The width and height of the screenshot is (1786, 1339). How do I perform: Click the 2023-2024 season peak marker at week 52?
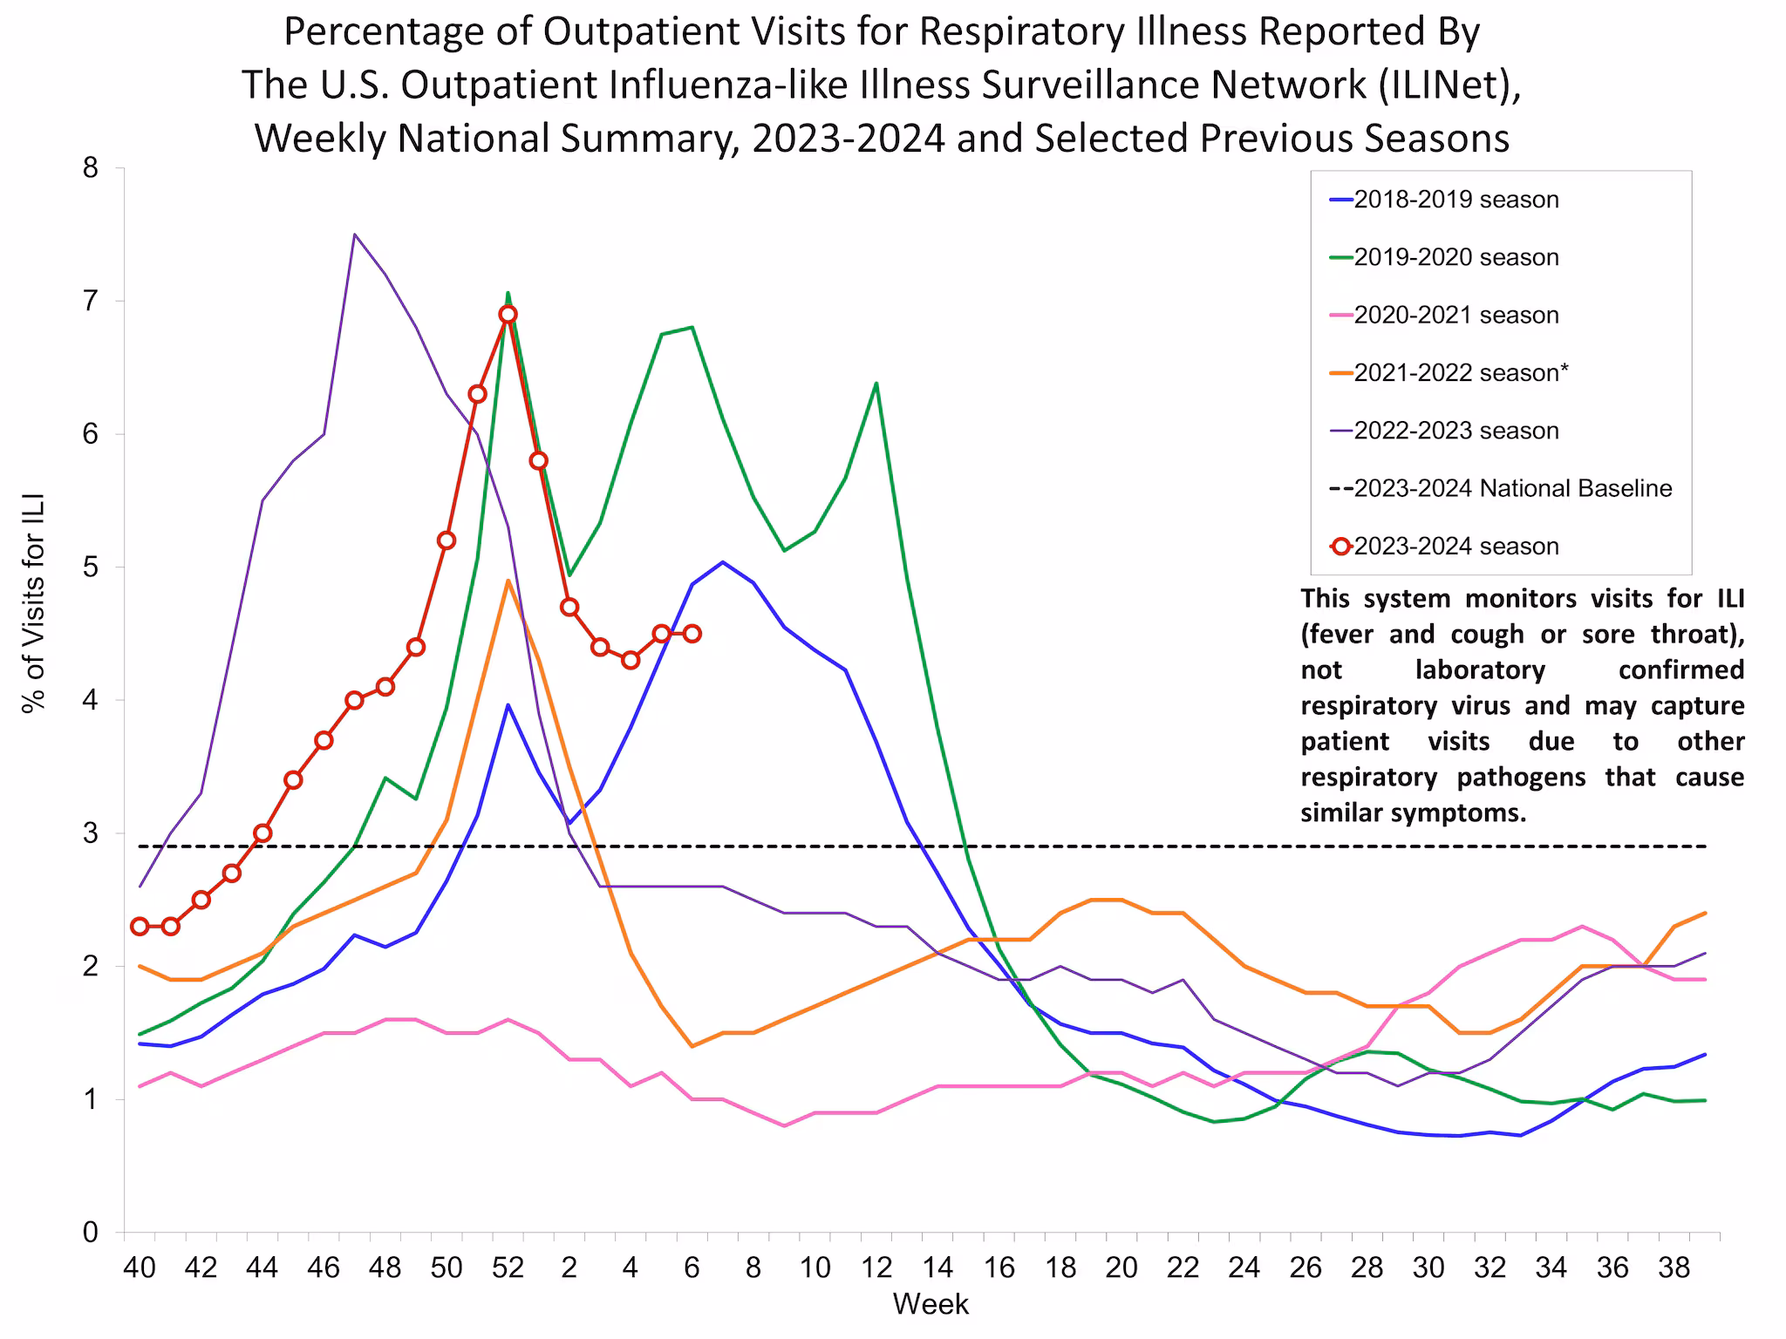pyautogui.click(x=508, y=314)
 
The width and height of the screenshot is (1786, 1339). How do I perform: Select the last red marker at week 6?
pyautogui.click(x=692, y=633)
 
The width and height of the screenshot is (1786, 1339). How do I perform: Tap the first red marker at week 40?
pyautogui.click(x=140, y=926)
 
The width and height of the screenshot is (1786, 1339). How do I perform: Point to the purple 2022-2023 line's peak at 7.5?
pyautogui.click(x=354, y=234)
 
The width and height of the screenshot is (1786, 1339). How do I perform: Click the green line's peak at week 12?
pyautogui.click(x=876, y=384)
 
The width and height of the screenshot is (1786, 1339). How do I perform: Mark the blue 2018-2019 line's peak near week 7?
pyautogui.click(x=722, y=562)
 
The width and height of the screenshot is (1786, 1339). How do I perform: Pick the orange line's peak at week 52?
pyautogui.click(x=508, y=581)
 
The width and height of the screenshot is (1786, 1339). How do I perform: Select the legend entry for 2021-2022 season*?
pyautogui.click(x=1461, y=373)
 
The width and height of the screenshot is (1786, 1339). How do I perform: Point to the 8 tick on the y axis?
pyautogui.click(x=91, y=168)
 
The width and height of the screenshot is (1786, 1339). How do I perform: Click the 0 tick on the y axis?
pyautogui.click(x=91, y=1233)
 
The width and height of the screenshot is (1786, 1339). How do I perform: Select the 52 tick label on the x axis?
pyautogui.click(x=508, y=1268)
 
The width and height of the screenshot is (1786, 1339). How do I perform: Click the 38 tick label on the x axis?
pyautogui.click(x=1674, y=1268)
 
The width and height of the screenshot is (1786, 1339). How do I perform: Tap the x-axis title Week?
pyautogui.click(x=930, y=1305)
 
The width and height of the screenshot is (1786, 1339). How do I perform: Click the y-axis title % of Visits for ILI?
pyautogui.click(x=33, y=603)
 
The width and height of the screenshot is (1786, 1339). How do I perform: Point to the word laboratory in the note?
pyautogui.click(x=1480, y=669)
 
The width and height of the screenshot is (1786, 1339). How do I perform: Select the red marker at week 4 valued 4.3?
pyautogui.click(x=631, y=660)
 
